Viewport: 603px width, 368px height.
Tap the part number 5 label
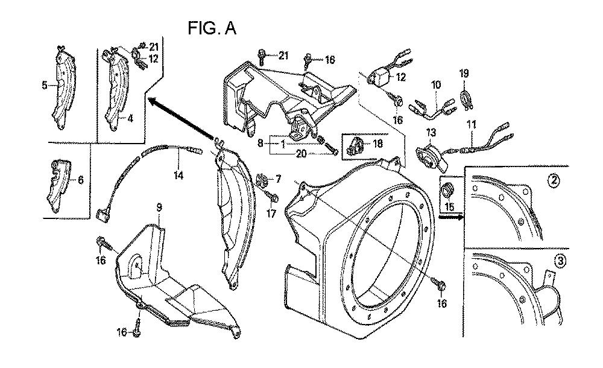click(45, 85)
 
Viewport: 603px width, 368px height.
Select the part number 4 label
click(130, 118)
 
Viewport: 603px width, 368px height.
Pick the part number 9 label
click(159, 208)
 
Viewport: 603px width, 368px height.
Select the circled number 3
click(561, 261)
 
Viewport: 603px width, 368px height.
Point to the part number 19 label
click(464, 74)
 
